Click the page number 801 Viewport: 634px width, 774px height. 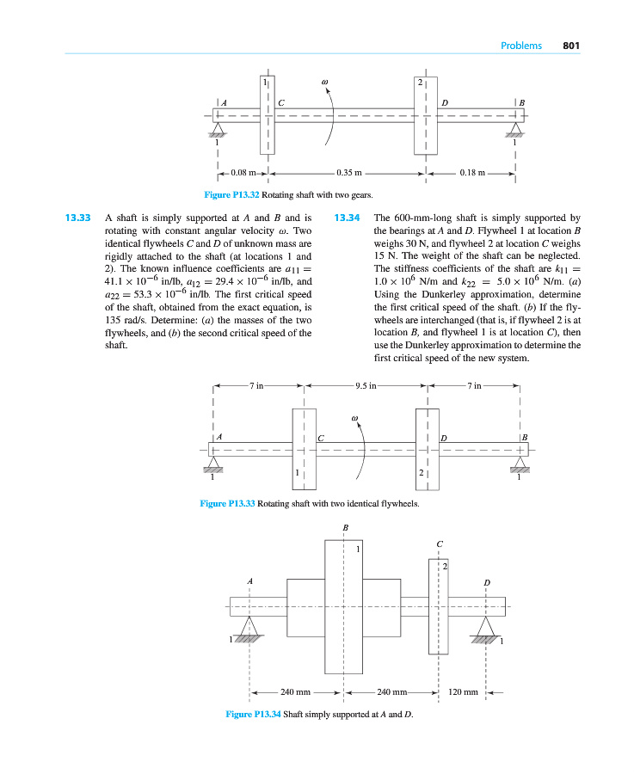click(x=574, y=46)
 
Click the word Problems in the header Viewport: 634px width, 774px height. click(x=521, y=46)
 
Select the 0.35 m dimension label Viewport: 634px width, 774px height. click(x=348, y=172)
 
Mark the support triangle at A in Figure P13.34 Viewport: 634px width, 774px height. click(x=249, y=625)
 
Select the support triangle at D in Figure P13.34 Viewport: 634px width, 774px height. click(x=486, y=625)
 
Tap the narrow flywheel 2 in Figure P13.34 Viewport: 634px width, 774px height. click(x=438, y=606)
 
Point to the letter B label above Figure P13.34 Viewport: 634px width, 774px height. click(x=345, y=526)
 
